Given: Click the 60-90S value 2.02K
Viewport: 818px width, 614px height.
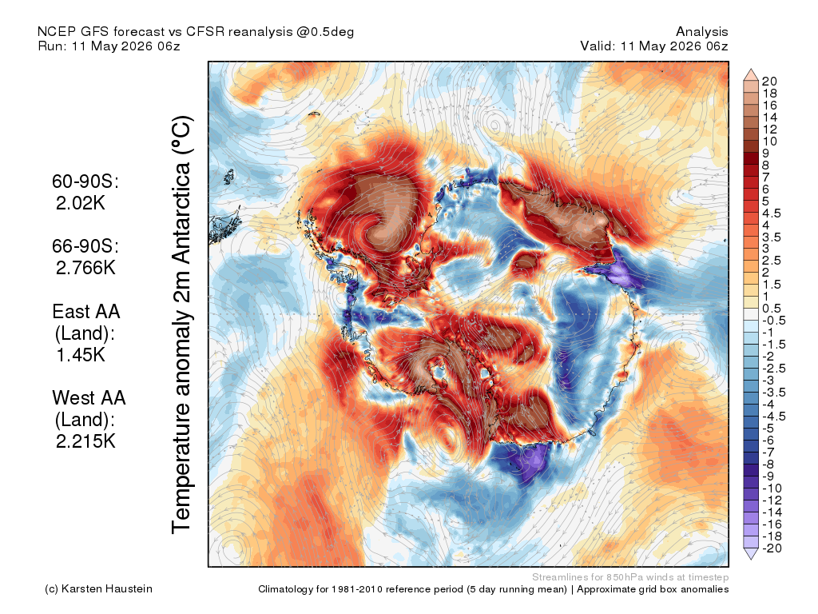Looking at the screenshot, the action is click(x=81, y=203).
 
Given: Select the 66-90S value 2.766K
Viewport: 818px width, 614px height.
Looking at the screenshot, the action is click(x=85, y=268).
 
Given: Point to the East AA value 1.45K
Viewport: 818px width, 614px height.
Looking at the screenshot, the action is click(x=81, y=355).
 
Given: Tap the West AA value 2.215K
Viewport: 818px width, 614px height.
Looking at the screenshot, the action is click(x=85, y=441).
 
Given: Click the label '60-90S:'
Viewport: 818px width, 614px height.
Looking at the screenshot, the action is click(x=85, y=181).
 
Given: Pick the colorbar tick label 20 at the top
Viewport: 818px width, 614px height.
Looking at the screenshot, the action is click(x=769, y=82).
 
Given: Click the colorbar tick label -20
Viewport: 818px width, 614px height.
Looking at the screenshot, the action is click(x=772, y=548).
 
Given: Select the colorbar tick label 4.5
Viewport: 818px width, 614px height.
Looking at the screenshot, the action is click(x=772, y=213).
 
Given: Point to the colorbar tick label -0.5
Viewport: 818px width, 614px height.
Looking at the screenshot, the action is click(x=773, y=321).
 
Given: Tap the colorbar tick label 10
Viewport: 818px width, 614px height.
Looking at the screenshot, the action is click(x=769, y=142).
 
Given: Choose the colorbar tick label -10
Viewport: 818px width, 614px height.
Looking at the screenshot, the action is click(x=772, y=488).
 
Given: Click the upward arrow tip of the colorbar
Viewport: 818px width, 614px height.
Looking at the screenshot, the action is click(x=751, y=69).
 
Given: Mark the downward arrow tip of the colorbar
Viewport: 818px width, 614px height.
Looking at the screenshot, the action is click(x=751, y=560).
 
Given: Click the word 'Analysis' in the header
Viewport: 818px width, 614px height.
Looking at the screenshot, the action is click(x=702, y=32).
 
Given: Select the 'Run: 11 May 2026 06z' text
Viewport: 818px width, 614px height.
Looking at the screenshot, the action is click(x=109, y=46).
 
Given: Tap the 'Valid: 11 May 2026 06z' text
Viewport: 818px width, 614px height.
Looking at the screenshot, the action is click(x=654, y=46).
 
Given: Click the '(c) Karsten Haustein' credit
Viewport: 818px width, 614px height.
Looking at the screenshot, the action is click(x=98, y=589).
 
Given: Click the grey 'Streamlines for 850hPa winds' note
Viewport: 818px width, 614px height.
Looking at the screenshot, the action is click(x=630, y=577).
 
